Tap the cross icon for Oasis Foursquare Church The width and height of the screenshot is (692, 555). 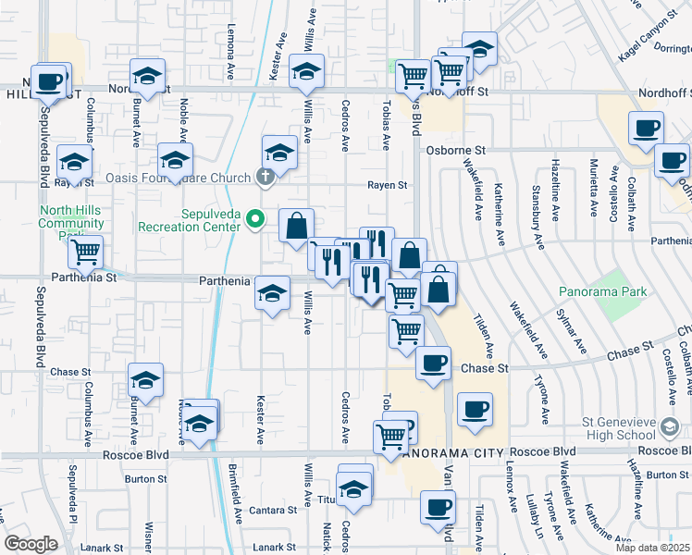[266, 178]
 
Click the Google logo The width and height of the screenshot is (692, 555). [31, 543]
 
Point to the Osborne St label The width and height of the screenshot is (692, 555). [456, 150]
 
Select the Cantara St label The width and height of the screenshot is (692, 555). [278, 510]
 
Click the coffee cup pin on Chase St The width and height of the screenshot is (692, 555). [432, 362]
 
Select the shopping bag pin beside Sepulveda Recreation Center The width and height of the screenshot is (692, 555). [296, 226]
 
